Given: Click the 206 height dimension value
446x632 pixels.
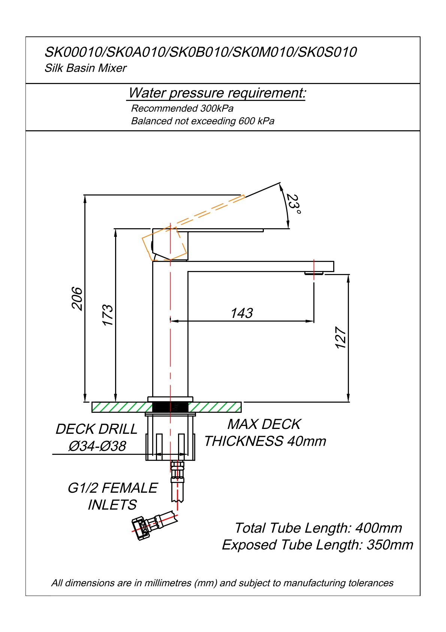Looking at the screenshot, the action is click(76, 299).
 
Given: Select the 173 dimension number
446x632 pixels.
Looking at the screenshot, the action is click(107, 315).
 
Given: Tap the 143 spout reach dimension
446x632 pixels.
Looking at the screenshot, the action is click(242, 313).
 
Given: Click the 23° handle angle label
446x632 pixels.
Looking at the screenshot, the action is click(294, 204).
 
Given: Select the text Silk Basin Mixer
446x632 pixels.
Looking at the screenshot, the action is click(85, 68).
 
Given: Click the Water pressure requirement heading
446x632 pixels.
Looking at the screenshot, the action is click(217, 93).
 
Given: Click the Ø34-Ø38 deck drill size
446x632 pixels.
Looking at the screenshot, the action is click(97, 446).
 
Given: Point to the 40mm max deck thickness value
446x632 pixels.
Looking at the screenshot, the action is click(307, 441).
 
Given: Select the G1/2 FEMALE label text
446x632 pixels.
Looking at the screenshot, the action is click(112, 488).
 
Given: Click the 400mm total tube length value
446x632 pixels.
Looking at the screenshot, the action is click(379, 528).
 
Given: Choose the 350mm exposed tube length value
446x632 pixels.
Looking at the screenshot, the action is click(390, 545).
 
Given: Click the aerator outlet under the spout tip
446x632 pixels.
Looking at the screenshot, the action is click(314, 273).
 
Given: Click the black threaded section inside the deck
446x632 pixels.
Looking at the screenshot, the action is click(170, 407).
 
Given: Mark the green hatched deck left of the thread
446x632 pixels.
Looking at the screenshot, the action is click(122, 407).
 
